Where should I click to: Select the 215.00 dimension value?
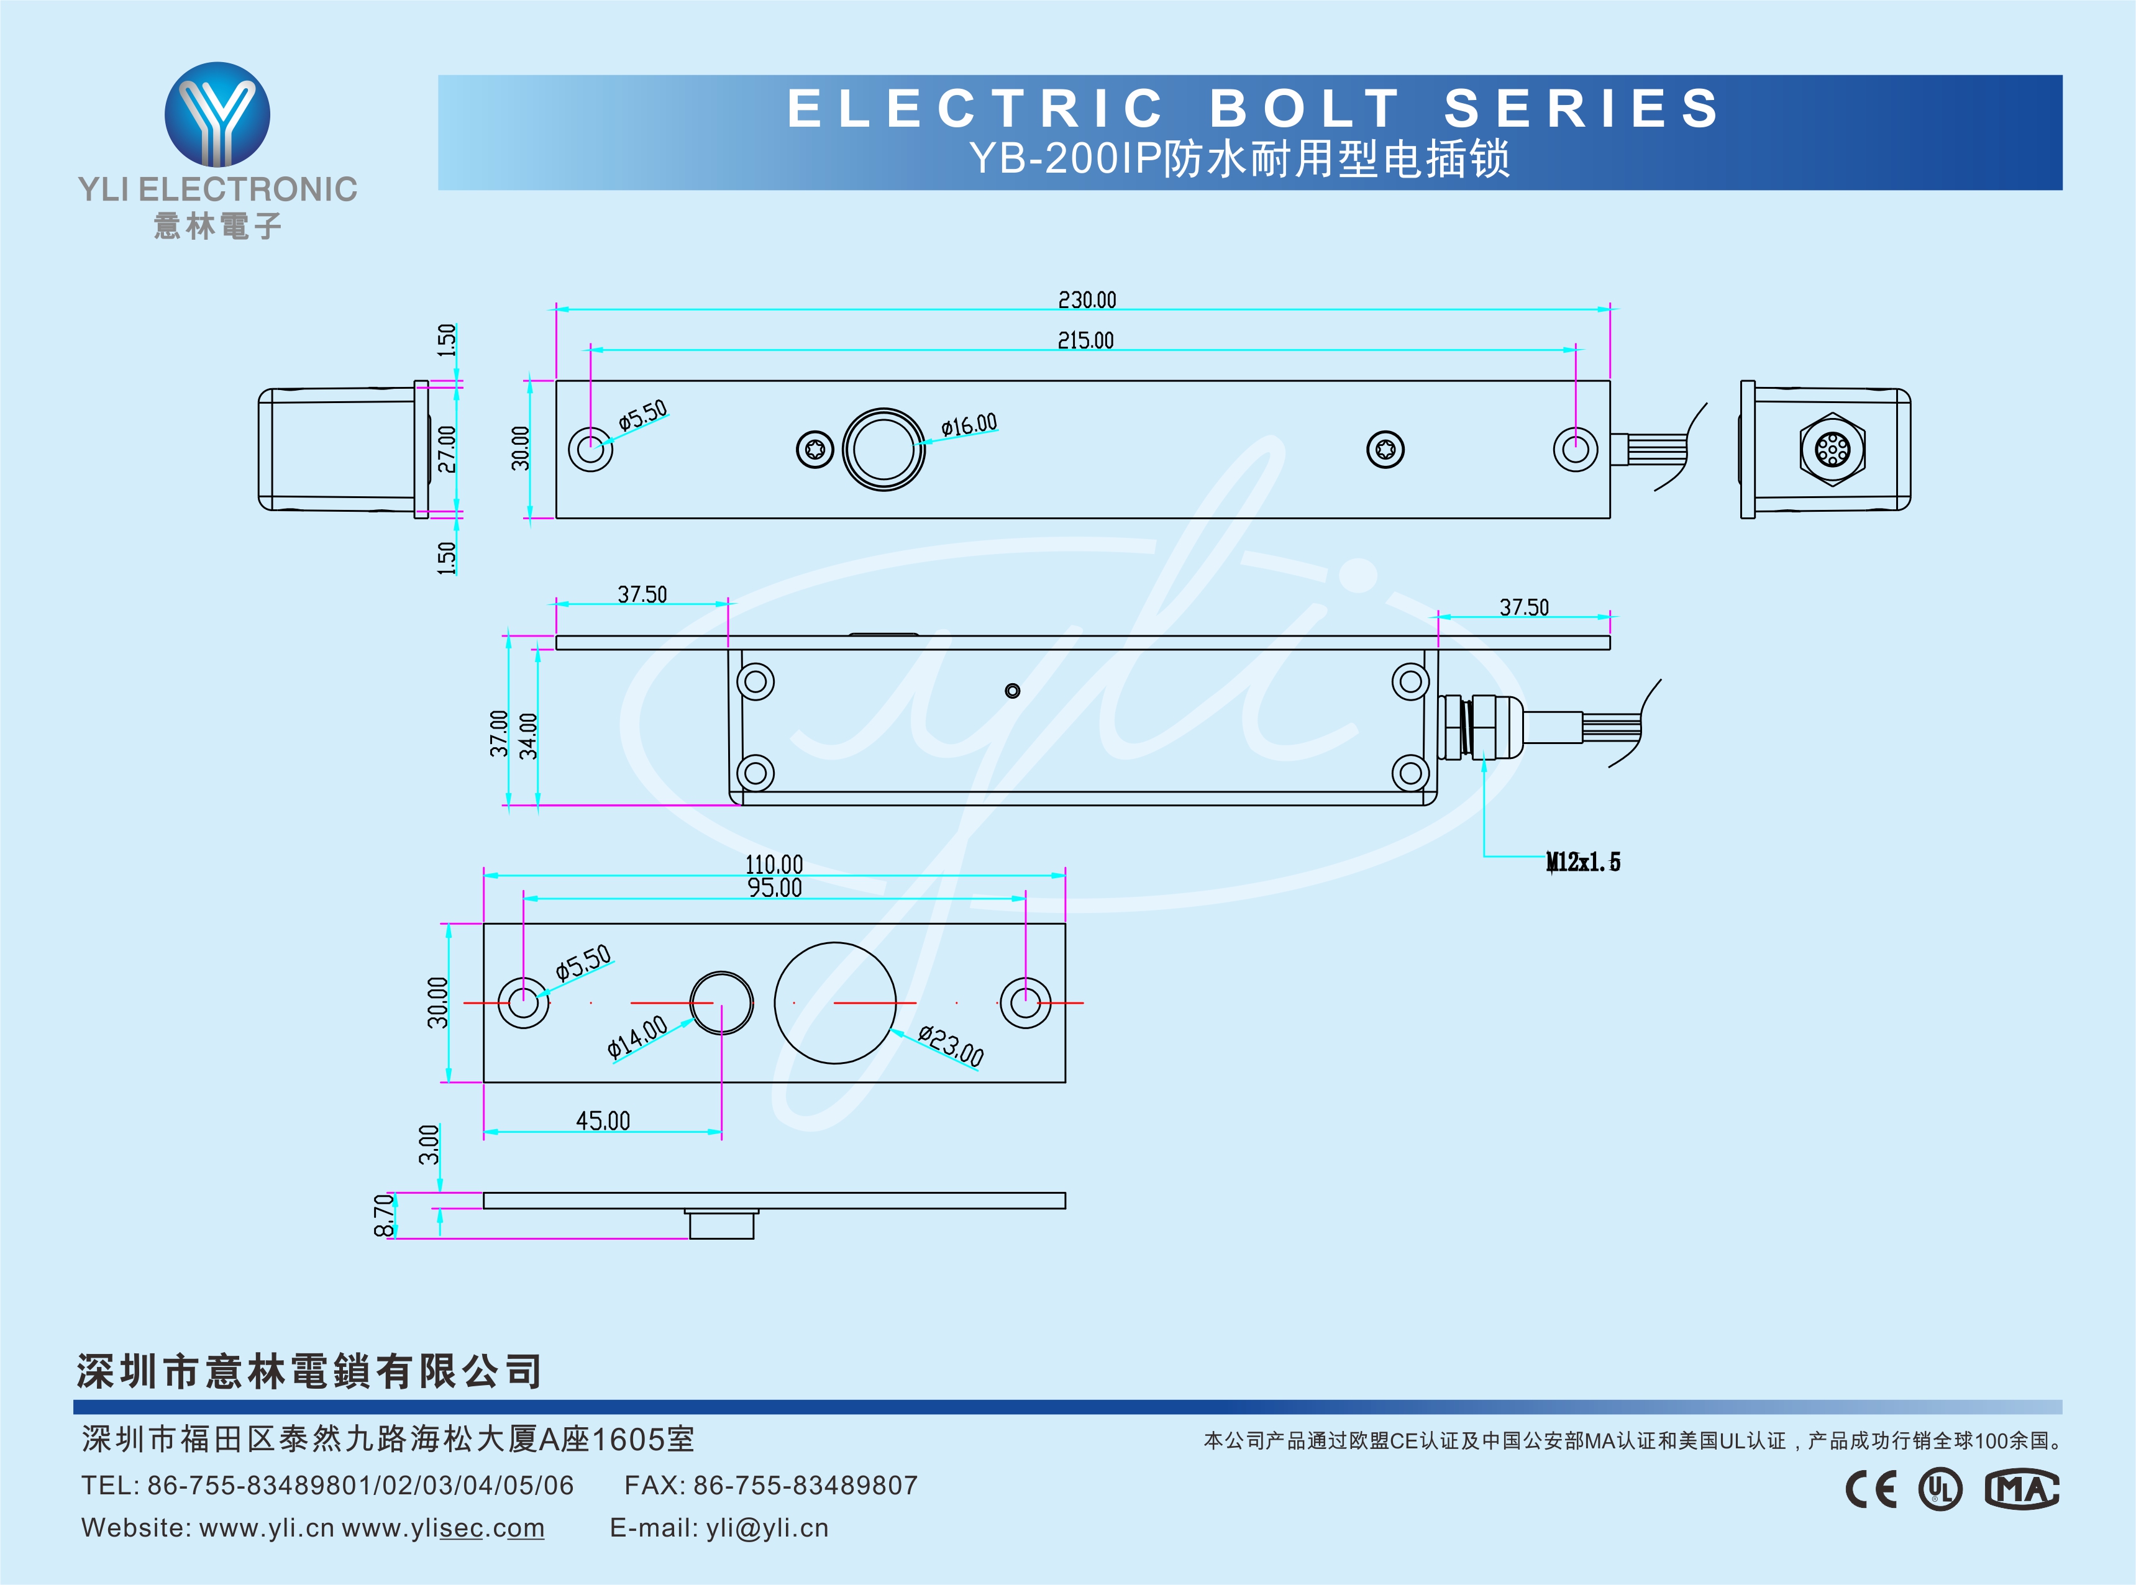pyautogui.click(x=1085, y=340)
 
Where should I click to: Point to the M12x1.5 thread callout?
pyautogui.click(x=1582, y=861)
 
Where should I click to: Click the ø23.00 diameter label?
pyautogui.click(x=950, y=1045)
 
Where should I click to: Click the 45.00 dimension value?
pyautogui.click(x=603, y=1120)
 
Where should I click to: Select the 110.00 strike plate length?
pyautogui.click(x=774, y=865)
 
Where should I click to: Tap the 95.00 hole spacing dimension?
pyautogui.click(x=774, y=888)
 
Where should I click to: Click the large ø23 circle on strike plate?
pyautogui.click(x=835, y=1002)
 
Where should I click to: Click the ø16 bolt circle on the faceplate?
pyautogui.click(x=883, y=449)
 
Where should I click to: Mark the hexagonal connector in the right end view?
pyautogui.click(x=1832, y=449)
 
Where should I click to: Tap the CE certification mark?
pyautogui.click(x=1870, y=1489)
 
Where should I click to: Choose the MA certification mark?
pyautogui.click(x=2022, y=1489)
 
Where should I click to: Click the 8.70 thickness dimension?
pyautogui.click(x=384, y=1215)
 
